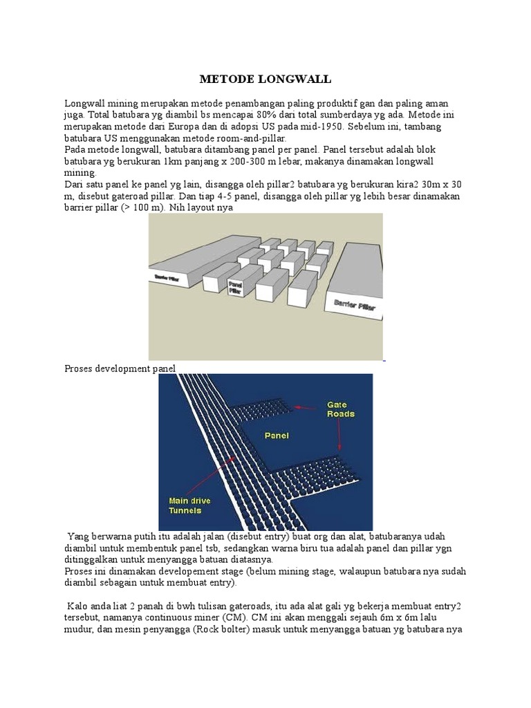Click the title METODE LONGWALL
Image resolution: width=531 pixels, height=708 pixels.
coord(265,80)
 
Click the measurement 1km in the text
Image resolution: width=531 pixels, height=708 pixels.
coord(176,162)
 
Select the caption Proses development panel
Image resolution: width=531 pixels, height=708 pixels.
coord(120,369)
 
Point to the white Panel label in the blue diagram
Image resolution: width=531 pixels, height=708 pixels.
coord(277,436)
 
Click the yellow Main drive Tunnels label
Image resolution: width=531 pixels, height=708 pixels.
coord(189,505)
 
